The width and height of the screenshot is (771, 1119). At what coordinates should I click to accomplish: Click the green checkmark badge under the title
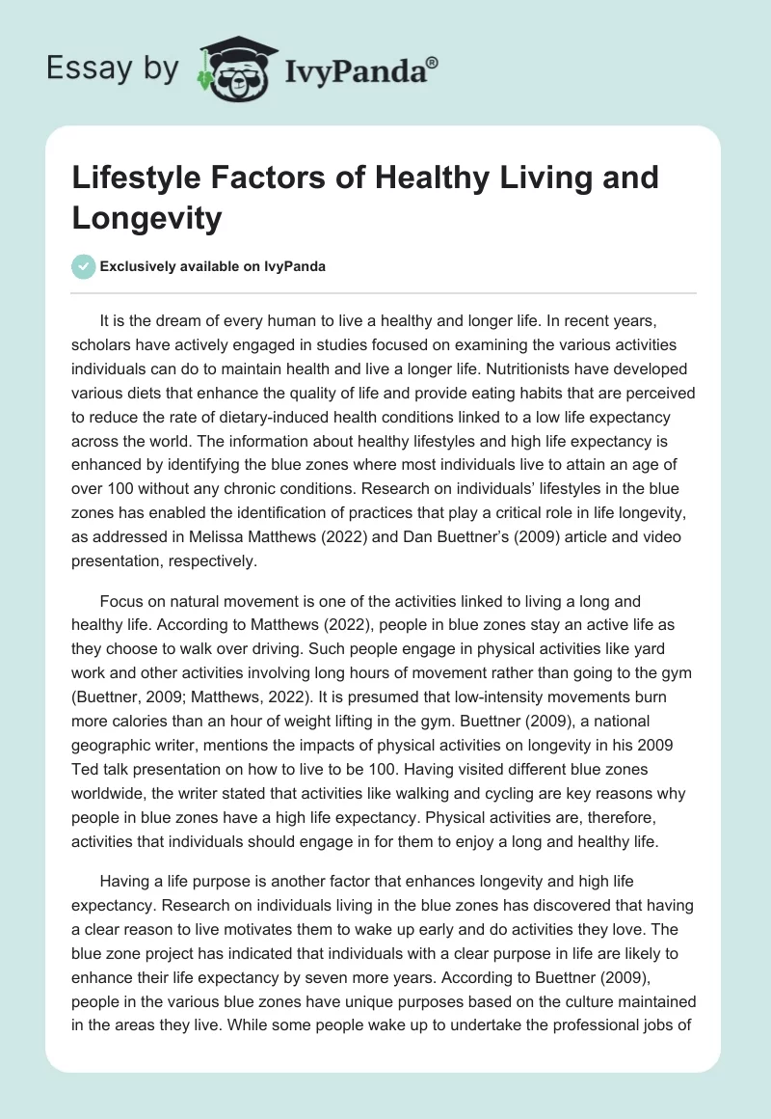[85, 266]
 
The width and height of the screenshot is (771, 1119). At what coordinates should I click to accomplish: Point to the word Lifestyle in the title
[136, 178]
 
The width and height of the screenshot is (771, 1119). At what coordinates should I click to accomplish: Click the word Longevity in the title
[146, 219]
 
